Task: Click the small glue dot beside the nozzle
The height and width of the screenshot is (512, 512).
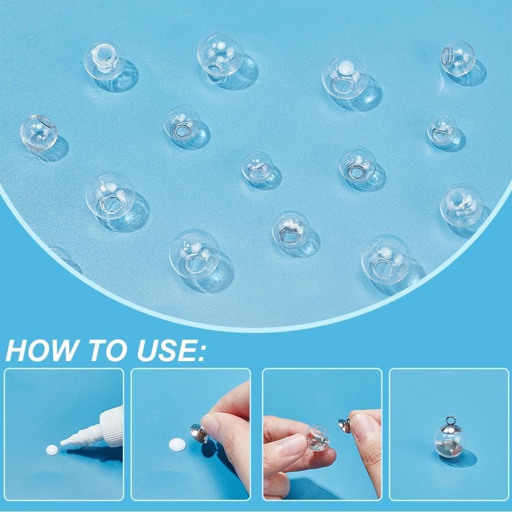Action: pyautogui.click(x=52, y=449)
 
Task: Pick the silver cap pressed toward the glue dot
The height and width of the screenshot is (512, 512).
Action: pyautogui.click(x=199, y=433)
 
